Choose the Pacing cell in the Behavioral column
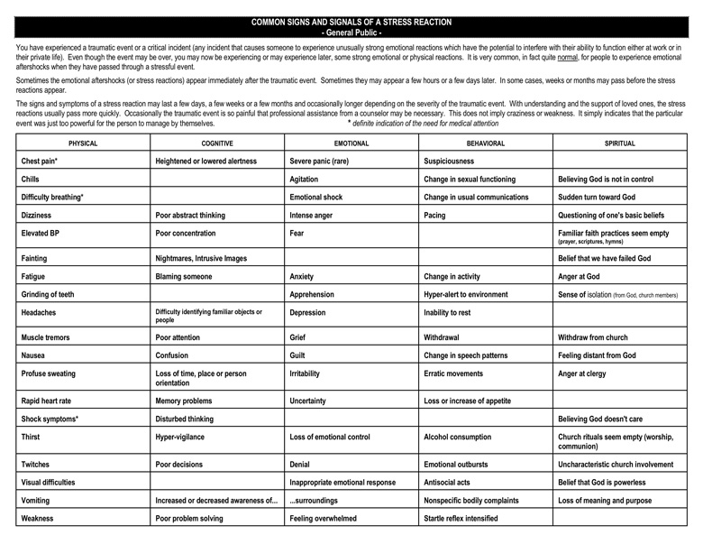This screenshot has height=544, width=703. click(x=436, y=216)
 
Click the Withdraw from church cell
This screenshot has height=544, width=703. click(x=598, y=337)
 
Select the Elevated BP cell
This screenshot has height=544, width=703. click(x=41, y=233)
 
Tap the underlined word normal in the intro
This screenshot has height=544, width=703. click(x=567, y=56)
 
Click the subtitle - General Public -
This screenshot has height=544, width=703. click(x=351, y=31)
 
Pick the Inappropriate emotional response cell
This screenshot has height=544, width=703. click(x=342, y=482)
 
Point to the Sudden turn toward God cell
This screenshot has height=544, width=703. click(x=597, y=197)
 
